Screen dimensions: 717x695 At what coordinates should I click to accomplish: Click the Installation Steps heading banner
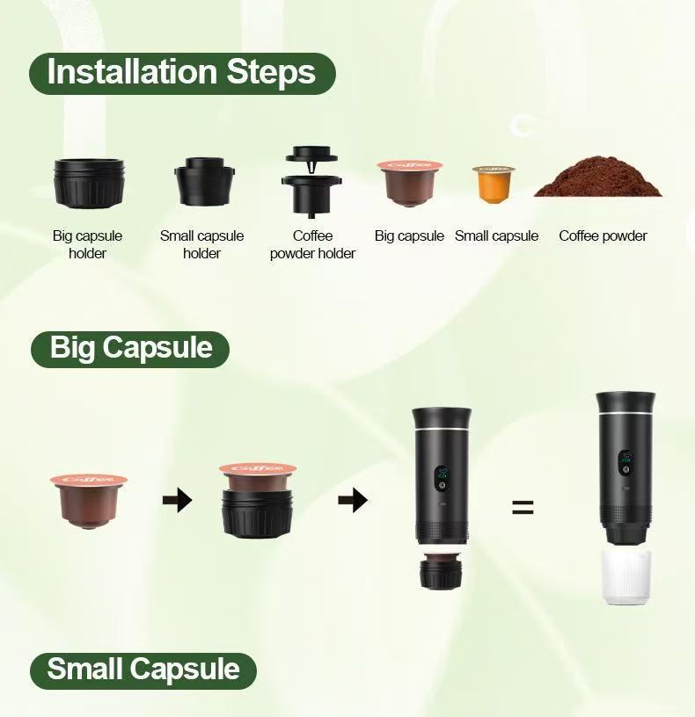pos(182,73)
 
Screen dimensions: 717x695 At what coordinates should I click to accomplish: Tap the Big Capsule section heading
pos(130,348)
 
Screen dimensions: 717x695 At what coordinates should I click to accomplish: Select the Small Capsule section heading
pos(143,670)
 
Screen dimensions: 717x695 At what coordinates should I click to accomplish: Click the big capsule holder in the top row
pos(87,182)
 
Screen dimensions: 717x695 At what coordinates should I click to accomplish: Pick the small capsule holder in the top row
pos(201,181)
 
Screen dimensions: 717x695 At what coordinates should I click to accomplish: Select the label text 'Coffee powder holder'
pos(312,245)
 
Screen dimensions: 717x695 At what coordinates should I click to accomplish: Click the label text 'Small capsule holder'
pos(201,245)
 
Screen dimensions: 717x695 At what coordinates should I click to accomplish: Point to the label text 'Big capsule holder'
pos(87,245)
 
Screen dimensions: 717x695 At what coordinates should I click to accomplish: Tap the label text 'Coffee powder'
pos(603,236)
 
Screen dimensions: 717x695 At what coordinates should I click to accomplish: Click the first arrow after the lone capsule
pos(177,502)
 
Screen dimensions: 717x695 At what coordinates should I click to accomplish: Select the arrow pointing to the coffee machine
pos(352,502)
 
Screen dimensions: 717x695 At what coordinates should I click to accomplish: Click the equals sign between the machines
pos(523,507)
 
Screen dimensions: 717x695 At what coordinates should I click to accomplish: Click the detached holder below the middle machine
pos(442,571)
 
